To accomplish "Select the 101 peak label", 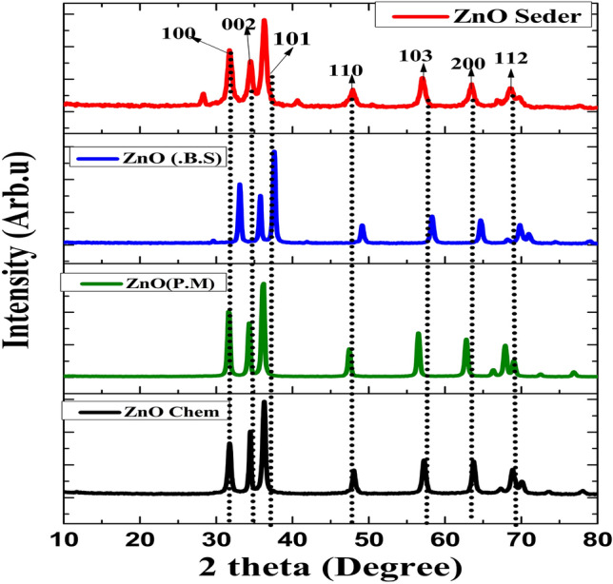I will (x=292, y=40).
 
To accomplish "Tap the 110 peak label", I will (x=346, y=70).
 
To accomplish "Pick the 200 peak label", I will (x=466, y=64).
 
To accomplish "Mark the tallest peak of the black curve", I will (x=264, y=402).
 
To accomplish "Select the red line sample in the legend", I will (x=408, y=16).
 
